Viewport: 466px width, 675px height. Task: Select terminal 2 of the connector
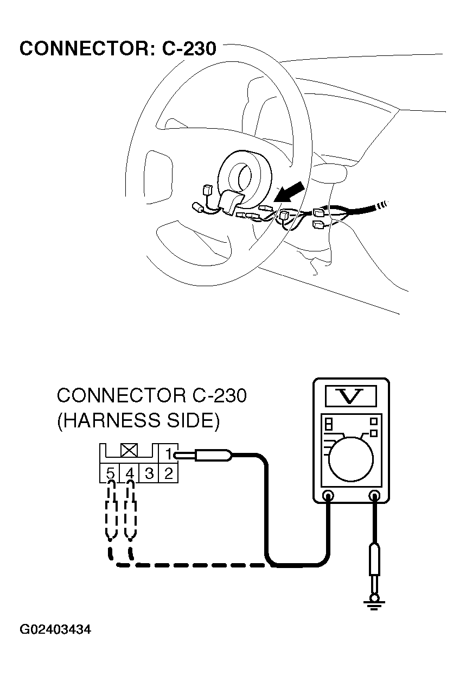point(168,473)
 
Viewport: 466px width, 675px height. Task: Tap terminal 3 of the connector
point(149,473)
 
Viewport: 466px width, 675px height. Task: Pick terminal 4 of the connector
point(130,473)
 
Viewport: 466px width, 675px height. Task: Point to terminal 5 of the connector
point(110,473)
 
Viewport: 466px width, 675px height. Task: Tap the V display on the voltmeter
point(350,396)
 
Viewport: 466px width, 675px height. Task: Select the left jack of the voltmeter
point(328,495)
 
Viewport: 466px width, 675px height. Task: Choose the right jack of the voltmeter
point(374,495)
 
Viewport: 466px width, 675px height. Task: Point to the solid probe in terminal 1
point(212,455)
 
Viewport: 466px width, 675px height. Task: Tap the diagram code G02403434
point(55,630)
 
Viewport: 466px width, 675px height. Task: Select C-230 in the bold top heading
point(189,49)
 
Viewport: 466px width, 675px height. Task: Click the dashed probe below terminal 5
point(111,516)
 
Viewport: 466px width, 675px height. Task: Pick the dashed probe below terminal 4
point(130,516)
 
